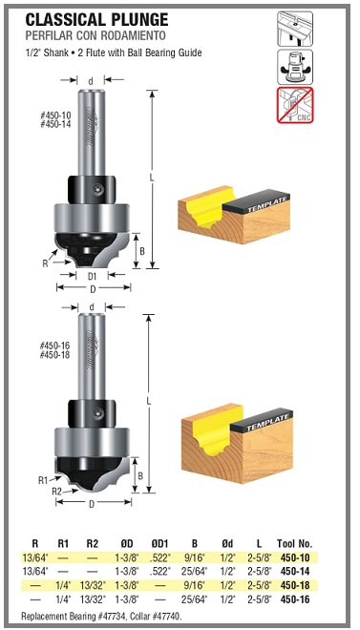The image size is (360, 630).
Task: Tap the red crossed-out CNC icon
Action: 294,105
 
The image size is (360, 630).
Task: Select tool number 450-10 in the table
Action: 295,557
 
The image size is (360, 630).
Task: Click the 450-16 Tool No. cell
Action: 295,599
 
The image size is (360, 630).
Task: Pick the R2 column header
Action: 92,544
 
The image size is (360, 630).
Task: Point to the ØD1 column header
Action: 159,544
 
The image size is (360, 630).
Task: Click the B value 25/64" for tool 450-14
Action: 195,572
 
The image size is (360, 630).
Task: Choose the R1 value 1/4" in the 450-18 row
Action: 63,586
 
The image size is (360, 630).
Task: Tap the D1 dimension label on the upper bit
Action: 92,276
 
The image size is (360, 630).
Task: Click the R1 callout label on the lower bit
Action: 43,480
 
